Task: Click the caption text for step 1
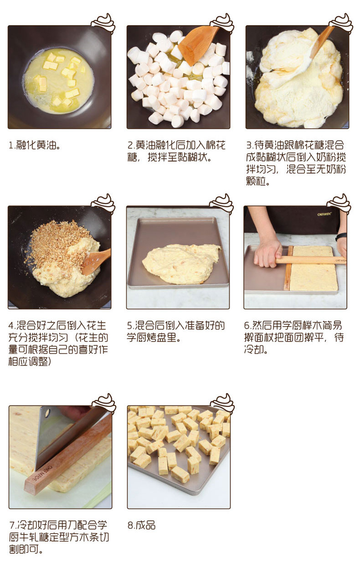click(x=35, y=145)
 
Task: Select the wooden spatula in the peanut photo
click(x=96, y=261)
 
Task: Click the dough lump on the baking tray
click(x=181, y=263)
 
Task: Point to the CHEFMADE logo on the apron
click(x=324, y=214)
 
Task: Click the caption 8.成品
click(x=142, y=525)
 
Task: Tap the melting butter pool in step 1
click(x=59, y=81)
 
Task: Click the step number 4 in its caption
click(x=11, y=326)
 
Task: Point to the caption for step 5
click(x=176, y=331)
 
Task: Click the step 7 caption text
click(x=59, y=537)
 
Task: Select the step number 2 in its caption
click(x=131, y=145)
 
